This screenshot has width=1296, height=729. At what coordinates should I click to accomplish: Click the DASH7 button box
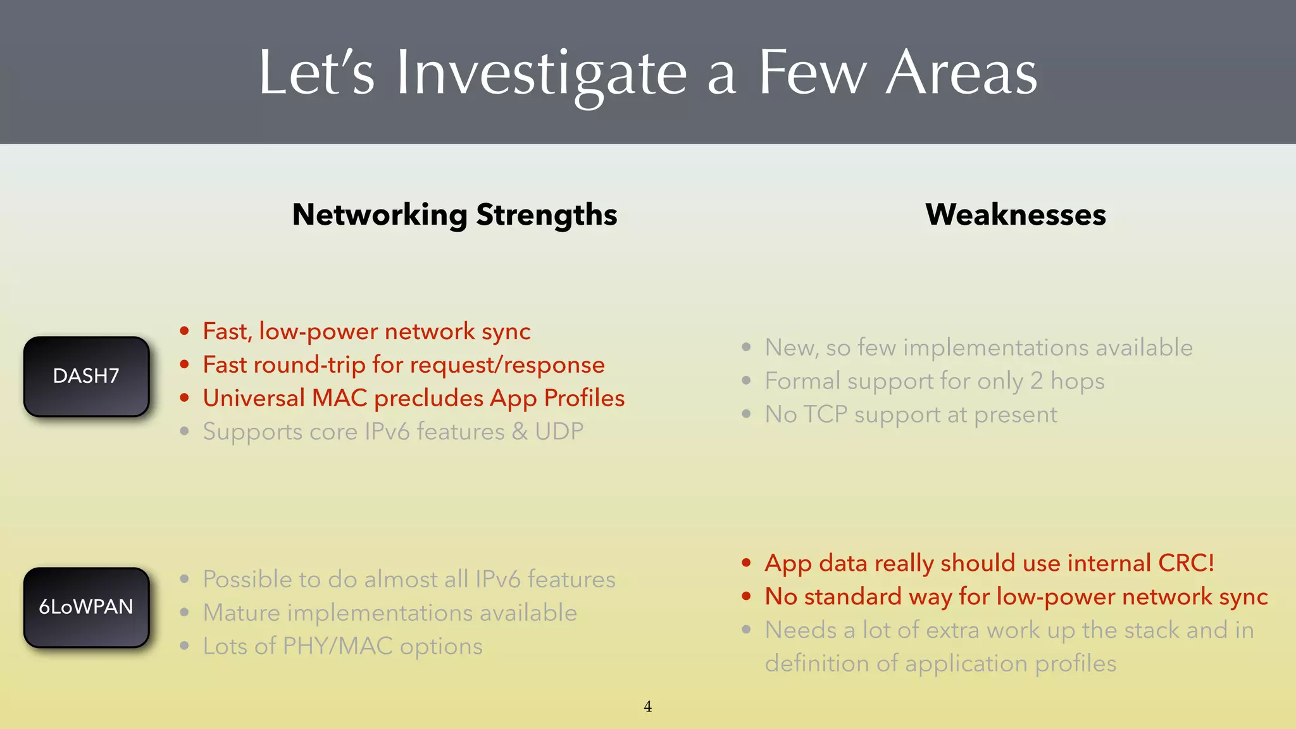[x=87, y=377]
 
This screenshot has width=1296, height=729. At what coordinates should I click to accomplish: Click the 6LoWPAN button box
[x=87, y=607]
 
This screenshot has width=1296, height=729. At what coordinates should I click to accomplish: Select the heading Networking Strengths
[x=454, y=215]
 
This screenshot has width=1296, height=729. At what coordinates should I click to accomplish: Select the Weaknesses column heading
[x=1015, y=215]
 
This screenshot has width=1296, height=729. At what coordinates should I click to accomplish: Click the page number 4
[x=647, y=707]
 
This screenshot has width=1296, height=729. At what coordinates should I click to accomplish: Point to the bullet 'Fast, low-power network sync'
[x=366, y=332]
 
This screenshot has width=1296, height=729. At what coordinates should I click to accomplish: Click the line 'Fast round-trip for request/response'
[x=404, y=365]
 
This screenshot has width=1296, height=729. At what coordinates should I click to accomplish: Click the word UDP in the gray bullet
[x=559, y=432]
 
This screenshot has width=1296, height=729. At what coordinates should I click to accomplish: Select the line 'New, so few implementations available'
[x=978, y=347]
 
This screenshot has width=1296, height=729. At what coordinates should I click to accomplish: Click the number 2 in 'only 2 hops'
[x=1037, y=381]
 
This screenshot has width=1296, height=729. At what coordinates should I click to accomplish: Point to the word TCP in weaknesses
[x=825, y=414]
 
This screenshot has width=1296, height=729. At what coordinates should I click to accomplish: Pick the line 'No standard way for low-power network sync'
[x=1016, y=597]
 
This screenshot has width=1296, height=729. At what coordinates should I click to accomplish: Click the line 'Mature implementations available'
[x=390, y=613]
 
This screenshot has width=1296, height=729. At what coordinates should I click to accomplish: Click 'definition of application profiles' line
[x=940, y=664]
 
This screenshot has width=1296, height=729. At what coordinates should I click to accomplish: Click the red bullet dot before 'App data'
[x=747, y=563]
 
